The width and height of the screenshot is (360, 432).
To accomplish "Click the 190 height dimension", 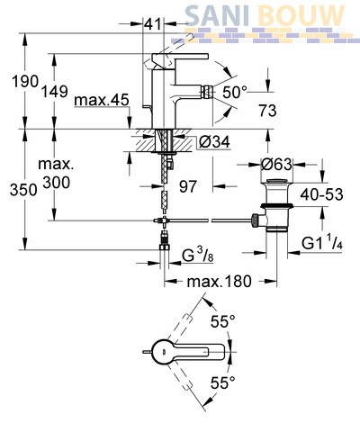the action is pos(25,81).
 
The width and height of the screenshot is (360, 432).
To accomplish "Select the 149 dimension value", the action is pos(54,91).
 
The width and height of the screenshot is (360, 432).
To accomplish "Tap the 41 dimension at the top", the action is pos(153,23).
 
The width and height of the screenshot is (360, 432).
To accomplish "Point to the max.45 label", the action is pos(102,100).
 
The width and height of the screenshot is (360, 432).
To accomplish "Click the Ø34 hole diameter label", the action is pos(214,141).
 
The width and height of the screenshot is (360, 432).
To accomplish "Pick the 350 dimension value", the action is pos(23,190).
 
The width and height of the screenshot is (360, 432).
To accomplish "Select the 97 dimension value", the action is pos(188,186).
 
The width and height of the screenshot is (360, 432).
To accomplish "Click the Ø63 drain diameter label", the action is pos(276,165).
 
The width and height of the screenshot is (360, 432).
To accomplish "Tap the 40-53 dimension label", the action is pos(321,194).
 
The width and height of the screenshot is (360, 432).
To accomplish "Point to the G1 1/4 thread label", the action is pos(322,243).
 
